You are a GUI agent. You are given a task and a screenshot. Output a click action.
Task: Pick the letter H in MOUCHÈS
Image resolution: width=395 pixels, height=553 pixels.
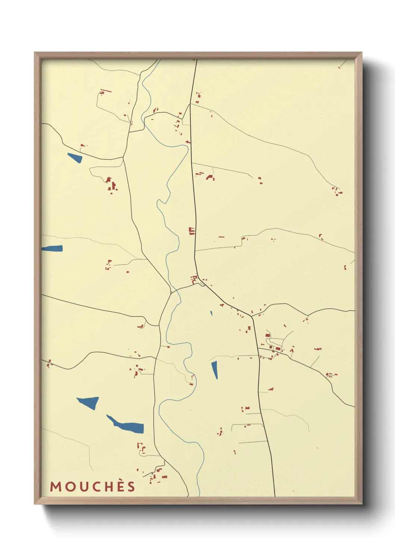tap(108, 486)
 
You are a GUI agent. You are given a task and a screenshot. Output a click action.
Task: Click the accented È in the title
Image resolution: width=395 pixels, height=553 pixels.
tap(119, 486)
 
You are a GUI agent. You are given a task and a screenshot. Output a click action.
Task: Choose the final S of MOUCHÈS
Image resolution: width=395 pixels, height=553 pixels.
tap(131, 486)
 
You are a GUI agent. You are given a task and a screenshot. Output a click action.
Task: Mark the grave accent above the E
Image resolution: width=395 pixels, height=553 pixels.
tap(119, 480)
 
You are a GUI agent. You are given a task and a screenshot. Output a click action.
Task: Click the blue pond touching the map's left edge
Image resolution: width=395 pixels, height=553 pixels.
tap(52, 248)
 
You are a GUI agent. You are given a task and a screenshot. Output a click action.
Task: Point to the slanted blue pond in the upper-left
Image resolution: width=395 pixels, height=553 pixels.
tap(75, 158)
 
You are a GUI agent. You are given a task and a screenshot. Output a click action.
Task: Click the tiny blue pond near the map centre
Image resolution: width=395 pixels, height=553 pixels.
tap(211, 313)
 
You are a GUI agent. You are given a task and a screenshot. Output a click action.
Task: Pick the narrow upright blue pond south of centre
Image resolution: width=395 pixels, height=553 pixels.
tap(215, 370)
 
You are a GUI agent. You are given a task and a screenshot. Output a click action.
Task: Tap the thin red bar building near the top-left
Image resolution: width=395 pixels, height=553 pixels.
tap(106, 90)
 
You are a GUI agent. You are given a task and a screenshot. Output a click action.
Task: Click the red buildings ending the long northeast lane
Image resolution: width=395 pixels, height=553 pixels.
tap(338, 192)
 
